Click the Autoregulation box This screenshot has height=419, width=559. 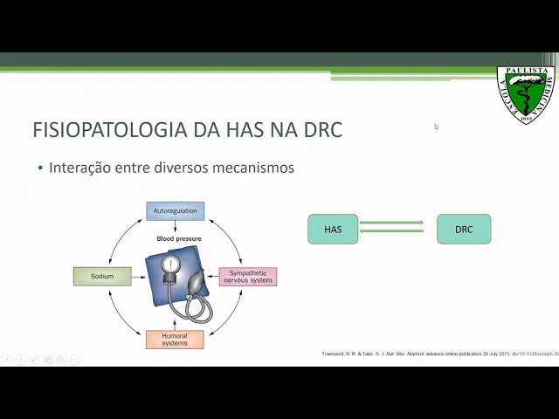click(x=175, y=211)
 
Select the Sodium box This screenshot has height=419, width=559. click(x=101, y=277)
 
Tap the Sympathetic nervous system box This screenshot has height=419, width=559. click(x=247, y=277)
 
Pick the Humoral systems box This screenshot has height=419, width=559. click(x=175, y=339)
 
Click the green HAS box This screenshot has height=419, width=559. click(x=333, y=230)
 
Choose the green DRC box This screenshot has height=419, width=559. click(x=464, y=230)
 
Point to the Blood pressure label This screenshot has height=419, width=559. click(x=179, y=238)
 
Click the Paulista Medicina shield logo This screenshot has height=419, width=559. click(x=526, y=93)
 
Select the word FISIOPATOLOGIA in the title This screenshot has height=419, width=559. click(x=109, y=130)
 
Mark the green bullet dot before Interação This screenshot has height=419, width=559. click(x=40, y=168)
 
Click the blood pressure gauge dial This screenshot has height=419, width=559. click(x=171, y=264)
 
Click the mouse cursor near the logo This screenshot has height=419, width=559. click(x=436, y=127)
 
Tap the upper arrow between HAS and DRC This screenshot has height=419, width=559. click(x=391, y=223)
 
